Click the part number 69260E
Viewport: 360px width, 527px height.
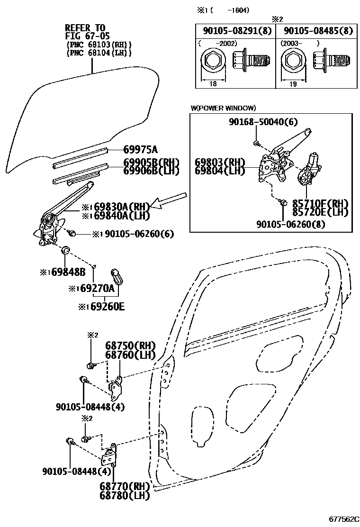click(x=105, y=306)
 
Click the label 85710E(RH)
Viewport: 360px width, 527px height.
click(x=320, y=204)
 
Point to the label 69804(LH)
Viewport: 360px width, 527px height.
click(x=219, y=171)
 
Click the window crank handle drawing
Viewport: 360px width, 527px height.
click(x=117, y=275)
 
